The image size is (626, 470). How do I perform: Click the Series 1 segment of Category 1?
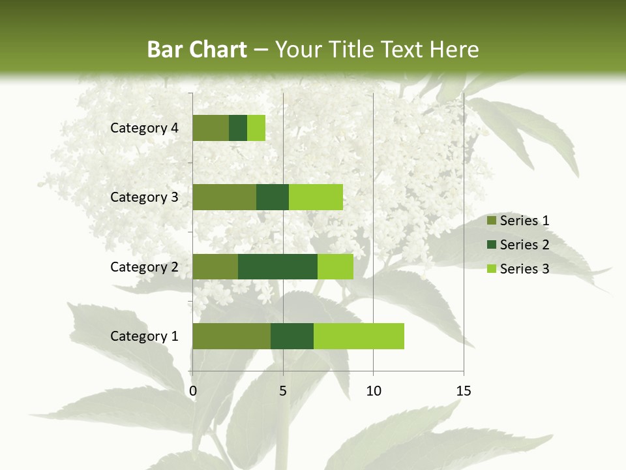coord(231,336)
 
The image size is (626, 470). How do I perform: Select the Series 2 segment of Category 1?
coord(292,336)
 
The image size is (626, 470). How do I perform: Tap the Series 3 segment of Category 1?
coord(359,336)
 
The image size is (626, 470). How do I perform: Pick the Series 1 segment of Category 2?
coord(215,266)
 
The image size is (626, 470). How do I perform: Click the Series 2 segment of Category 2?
coord(278,266)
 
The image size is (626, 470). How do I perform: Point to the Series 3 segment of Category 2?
coord(335,266)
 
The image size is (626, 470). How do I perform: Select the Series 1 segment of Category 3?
coord(224,197)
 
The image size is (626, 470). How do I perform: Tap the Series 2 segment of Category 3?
coord(273,197)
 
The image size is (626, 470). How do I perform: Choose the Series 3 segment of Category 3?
coord(316,197)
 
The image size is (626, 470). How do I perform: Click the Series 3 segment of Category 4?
coord(256,128)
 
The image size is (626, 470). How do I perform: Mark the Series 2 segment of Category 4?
coord(238,128)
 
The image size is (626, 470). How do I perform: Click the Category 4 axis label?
coord(144,128)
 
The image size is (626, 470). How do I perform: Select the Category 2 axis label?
coord(144,266)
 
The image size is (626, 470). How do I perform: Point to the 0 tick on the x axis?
coord(193,391)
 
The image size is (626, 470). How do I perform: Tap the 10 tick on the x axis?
coord(373,391)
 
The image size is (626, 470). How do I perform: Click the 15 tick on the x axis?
coord(463,391)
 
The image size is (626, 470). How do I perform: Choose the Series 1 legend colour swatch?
coord(492,221)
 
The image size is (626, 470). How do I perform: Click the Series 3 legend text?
coord(524,269)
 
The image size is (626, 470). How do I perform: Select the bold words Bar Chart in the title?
coord(197,50)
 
